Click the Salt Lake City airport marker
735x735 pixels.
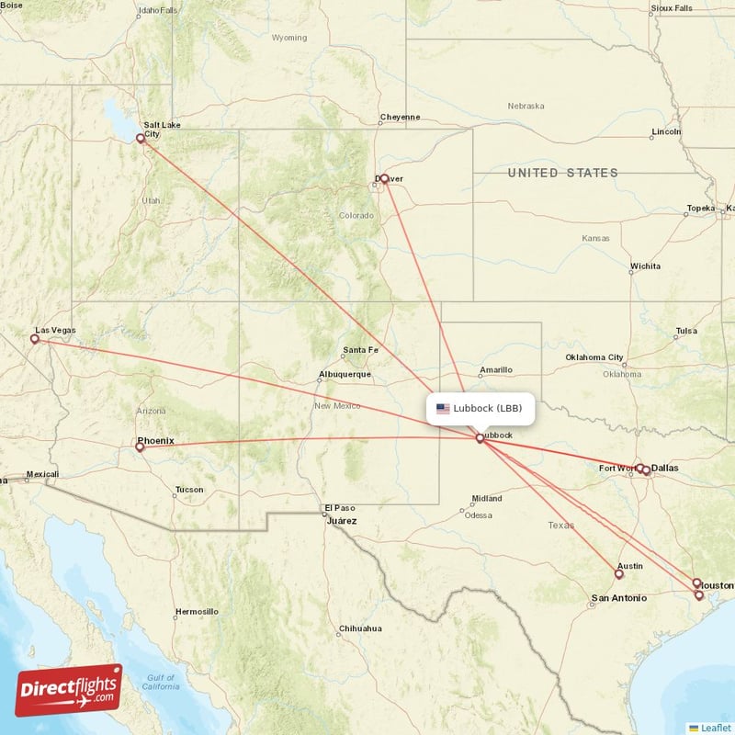pos(141,139)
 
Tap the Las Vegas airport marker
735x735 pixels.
pos(35,339)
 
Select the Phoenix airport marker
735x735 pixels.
pos(140,447)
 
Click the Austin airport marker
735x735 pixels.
pos(618,574)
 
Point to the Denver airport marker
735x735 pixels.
pos(384,179)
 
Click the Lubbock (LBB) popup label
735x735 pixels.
pos(488,408)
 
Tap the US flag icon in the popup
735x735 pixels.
pos(443,409)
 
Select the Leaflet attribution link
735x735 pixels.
pos(715,728)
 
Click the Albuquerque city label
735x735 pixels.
pos(345,375)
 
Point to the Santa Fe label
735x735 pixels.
pos(360,350)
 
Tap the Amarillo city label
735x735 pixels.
pos(495,370)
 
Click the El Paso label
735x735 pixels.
pos(339,508)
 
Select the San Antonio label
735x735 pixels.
pos(618,598)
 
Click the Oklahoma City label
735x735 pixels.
pos(594,357)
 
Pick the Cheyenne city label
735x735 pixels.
pos(400,118)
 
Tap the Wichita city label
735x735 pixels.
pos(644,266)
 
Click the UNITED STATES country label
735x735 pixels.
pos(563,173)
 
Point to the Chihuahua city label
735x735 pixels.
pos(359,628)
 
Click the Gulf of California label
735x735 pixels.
pos(160,682)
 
